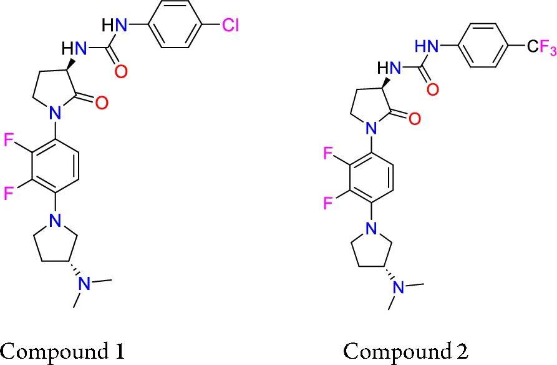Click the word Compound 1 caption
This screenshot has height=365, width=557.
coord(62,351)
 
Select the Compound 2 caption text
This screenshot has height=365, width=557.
coord(405,351)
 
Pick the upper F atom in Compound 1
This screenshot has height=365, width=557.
coord(9,140)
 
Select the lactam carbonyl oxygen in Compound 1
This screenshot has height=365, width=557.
coord(102,102)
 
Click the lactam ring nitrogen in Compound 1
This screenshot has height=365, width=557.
coord(56,113)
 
